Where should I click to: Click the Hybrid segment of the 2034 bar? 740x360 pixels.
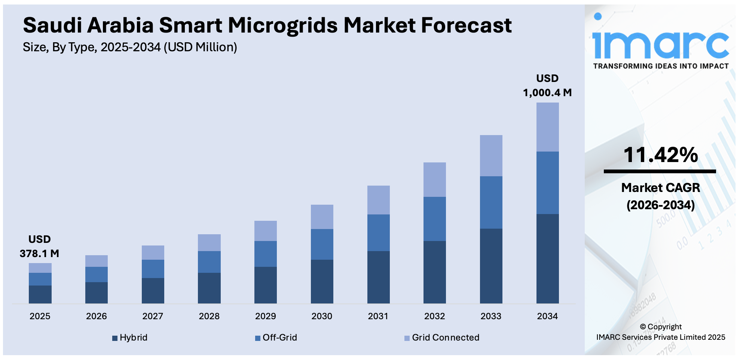(547, 258)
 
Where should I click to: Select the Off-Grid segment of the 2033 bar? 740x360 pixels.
(491, 202)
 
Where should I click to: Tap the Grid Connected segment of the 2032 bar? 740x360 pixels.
(434, 180)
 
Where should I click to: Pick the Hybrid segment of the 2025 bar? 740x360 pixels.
(40, 294)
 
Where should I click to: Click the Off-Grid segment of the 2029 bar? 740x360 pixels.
(265, 254)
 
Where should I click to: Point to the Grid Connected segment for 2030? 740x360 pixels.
(322, 217)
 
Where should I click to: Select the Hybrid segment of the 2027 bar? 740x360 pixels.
(153, 290)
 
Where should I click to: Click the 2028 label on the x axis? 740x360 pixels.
(209, 316)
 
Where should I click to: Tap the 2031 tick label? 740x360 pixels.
(378, 316)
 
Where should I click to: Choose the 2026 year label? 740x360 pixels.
(96, 316)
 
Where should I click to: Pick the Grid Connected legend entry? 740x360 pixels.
(442, 338)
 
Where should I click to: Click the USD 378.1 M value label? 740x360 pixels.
(39, 246)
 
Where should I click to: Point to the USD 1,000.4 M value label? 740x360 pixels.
(547, 85)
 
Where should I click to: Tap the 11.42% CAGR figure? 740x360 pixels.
(660, 155)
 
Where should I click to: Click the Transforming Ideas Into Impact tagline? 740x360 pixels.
(661, 66)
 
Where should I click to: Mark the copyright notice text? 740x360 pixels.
(660, 332)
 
